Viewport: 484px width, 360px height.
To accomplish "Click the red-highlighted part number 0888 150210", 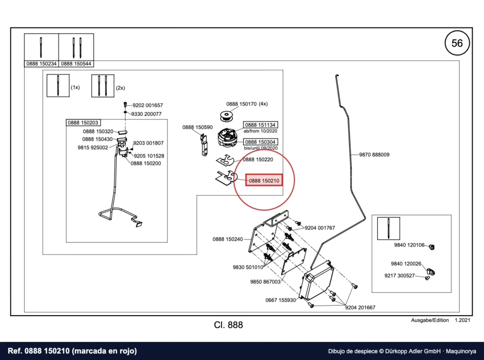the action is pos(264,180).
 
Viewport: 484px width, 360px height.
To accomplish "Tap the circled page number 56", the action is pos(457,43).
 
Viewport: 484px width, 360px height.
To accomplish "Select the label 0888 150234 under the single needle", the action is pos(42,64).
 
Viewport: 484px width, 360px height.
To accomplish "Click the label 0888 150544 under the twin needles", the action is pos(76,64).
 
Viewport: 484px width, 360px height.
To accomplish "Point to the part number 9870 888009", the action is pos(374,154).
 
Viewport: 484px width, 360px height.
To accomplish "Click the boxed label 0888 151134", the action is pos(260,125).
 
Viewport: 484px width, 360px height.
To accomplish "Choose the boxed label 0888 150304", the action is pos(260,142).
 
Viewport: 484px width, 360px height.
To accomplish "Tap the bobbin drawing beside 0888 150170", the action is pos(228,117).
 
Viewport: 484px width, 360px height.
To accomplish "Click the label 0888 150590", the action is pos(197,127).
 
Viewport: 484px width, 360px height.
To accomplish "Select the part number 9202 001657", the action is pos(147,105).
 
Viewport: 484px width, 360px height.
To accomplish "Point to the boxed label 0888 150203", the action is pos(83,123).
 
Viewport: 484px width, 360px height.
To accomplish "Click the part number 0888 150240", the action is pos(227,239).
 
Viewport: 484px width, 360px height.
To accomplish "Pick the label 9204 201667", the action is pos(360,308).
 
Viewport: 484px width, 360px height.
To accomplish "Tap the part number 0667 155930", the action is pos(281,300).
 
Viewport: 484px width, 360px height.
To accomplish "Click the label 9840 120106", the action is pos(409,245).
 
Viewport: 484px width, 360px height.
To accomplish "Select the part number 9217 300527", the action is pos(399,275).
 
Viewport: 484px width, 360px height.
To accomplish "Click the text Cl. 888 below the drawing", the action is pos(228,325).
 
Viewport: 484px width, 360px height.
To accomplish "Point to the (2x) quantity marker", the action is pos(121,88).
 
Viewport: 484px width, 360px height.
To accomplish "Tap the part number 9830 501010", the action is pos(248,267).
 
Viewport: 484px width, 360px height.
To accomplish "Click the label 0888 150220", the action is pos(258,160).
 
